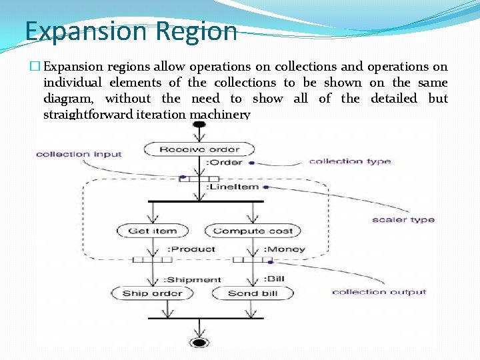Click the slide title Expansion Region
click(131, 31)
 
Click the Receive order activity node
click(199, 149)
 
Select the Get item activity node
click(153, 231)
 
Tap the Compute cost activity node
click(253, 231)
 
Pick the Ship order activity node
click(153, 293)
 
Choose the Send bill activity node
click(252, 293)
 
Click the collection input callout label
click(79, 154)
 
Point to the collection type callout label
click(349, 161)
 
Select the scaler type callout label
click(403, 219)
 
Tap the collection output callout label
click(379, 291)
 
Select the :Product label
click(191, 249)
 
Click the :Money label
click(285, 249)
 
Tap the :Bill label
click(274, 279)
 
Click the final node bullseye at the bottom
click(199, 343)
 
